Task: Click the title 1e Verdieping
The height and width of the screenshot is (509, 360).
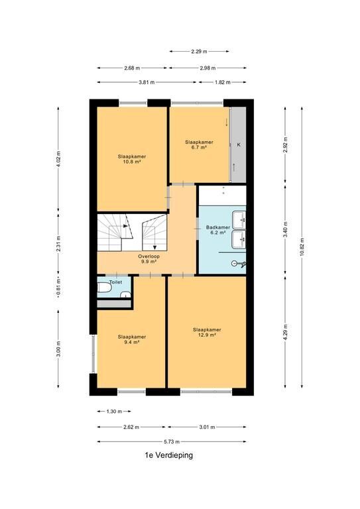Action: coord(169,455)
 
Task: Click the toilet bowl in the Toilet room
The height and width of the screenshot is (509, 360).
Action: coord(104,287)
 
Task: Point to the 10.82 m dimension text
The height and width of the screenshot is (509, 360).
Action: coord(302,247)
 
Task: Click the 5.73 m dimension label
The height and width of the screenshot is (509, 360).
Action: coord(172,441)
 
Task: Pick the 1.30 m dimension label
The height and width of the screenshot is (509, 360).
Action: coord(114,412)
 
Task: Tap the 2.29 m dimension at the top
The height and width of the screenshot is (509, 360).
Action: coord(199,51)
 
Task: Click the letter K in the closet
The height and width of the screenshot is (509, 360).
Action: coord(239,144)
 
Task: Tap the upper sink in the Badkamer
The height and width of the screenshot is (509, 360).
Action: coord(239,220)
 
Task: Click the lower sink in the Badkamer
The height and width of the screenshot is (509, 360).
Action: coord(239,239)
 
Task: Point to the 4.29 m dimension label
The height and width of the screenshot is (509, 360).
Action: coord(285,332)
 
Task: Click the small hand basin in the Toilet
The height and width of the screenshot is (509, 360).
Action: coord(125,295)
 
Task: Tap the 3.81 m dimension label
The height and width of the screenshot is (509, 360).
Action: coord(147,82)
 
